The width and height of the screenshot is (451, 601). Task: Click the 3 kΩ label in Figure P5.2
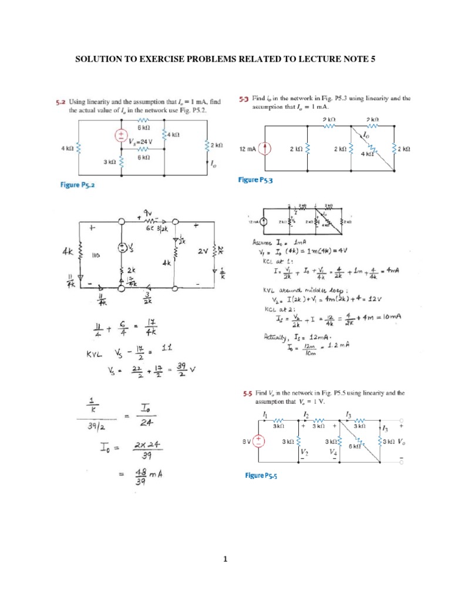coord(109,161)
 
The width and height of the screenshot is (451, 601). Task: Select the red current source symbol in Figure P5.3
coord(265,150)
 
